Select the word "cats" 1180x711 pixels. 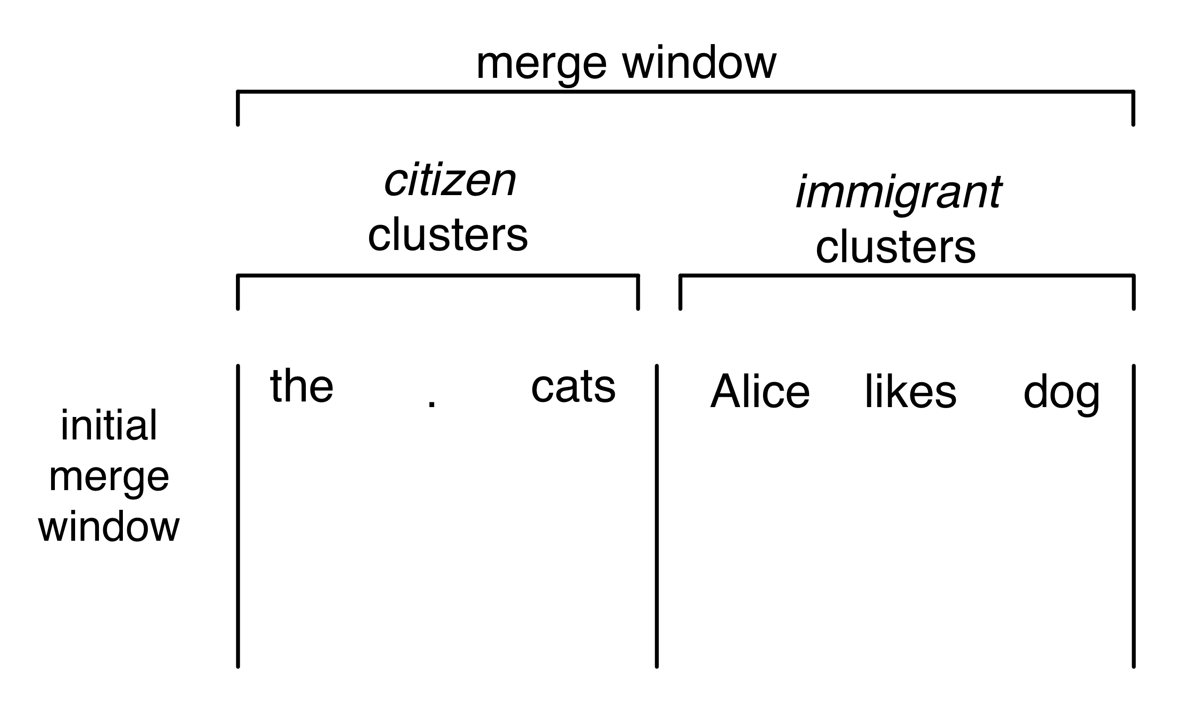573,387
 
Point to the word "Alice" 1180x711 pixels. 759,392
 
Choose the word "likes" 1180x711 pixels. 910,392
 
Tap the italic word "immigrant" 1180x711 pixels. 899,192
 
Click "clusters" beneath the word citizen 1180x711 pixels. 448,234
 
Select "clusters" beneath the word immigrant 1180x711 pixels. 895,247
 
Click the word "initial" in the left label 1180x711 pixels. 109,425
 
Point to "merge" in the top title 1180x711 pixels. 541,64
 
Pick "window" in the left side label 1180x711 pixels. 109,527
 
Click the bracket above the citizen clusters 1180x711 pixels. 438,276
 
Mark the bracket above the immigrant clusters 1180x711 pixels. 907,276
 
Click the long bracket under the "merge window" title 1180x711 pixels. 685,91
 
